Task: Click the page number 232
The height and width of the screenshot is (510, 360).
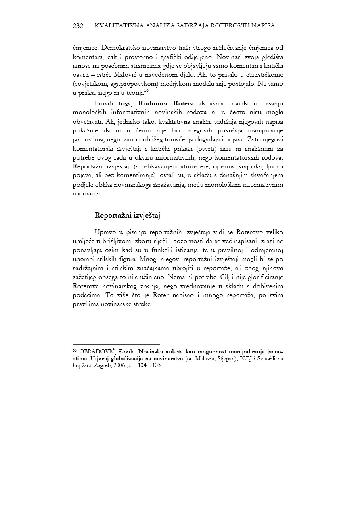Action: (78, 26)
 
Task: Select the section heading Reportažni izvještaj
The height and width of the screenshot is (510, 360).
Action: (128, 215)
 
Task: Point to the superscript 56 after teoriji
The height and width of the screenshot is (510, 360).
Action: (147, 91)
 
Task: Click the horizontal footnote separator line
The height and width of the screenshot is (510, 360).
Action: (116, 344)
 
